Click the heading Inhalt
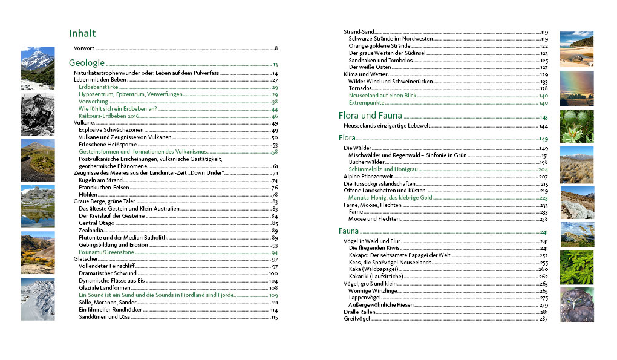coord(82,34)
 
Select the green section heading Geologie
coord(87,63)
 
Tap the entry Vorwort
coord(84,48)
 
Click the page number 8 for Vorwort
coord(276,48)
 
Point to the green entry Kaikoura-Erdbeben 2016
coord(109,116)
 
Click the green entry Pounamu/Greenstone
coord(106,252)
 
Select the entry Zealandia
coord(91,231)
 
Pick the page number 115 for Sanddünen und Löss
coord(274,317)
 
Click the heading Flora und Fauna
coord(369,116)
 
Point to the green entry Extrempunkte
coord(367,103)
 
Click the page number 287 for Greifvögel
coord(543,319)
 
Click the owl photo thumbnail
coord(576,305)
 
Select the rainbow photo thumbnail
coord(576,88)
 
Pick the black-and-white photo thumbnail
coord(38,113)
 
